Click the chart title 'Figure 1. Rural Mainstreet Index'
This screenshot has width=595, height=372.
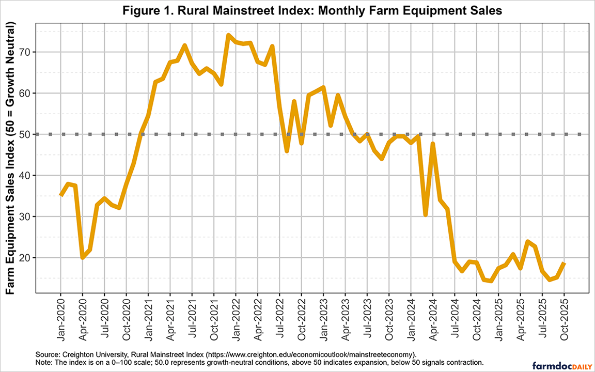click(297, 11)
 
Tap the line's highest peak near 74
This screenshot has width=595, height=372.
click(228, 35)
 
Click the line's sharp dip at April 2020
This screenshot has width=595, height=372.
click(83, 257)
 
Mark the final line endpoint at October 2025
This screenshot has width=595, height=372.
click(565, 263)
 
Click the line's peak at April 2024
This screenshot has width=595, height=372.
click(433, 144)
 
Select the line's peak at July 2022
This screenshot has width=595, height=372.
click(272, 47)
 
